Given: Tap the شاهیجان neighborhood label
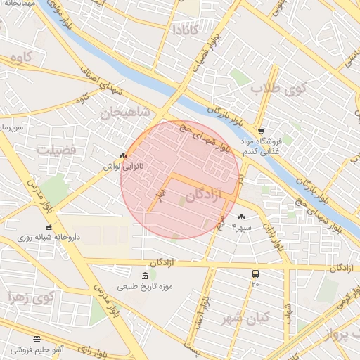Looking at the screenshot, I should tap(125, 111).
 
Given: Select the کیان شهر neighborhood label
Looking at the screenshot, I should tap(243, 319).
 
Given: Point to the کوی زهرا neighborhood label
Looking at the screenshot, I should tap(30, 297).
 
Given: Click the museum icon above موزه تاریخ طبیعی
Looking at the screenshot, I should tap(144, 274).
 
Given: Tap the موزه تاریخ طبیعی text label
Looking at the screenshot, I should tap(145, 286).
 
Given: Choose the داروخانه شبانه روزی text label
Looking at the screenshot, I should tap(49, 238).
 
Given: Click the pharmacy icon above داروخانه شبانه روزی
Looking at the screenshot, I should tap(49, 227).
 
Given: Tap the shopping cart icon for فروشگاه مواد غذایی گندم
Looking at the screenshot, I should tap(261, 131).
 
